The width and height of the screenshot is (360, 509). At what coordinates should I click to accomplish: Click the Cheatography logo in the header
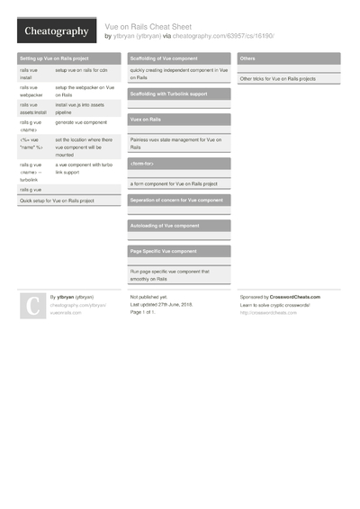click(56, 31)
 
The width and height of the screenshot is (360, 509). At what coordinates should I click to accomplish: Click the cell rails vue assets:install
click(32, 108)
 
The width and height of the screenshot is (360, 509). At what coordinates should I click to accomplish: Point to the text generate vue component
click(81, 121)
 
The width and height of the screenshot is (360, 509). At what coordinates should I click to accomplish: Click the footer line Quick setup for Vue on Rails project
click(57, 201)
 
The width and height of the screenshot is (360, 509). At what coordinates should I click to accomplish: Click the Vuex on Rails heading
click(147, 119)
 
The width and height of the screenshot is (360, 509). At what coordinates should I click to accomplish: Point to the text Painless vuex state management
click(176, 142)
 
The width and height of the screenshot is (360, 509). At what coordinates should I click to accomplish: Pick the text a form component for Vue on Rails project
click(175, 183)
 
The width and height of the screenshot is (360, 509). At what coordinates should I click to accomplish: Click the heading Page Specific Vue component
click(164, 251)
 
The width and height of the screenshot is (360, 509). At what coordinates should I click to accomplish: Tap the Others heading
click(248, 58)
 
